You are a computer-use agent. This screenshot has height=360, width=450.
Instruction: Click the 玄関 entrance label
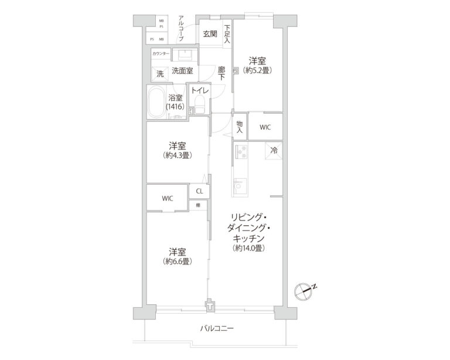[x=210, y=33]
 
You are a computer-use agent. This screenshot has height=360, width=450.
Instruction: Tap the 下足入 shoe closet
[x=227, y=35]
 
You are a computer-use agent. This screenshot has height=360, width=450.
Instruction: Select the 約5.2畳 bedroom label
[x=258, y=64]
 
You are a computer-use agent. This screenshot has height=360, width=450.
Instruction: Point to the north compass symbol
[x=304, y=289]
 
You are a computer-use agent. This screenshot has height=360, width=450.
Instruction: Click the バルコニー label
[x=216, y=328]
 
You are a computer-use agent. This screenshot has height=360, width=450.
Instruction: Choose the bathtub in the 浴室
[x=156, y=104]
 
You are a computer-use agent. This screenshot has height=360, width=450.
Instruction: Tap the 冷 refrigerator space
[x=273, y=151]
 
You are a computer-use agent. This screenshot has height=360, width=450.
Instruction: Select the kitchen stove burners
[x=241, y=152]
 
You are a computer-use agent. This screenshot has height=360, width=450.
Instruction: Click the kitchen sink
[x=240, y=187]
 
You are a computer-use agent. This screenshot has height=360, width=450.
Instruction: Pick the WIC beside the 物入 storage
[x=265, y=127]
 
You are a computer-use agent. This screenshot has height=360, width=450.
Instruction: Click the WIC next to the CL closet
[x=167, y=198]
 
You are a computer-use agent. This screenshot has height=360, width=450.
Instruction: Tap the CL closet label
[x=199, y=191]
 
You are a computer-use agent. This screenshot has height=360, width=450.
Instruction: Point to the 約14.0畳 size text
[x=246, y=249]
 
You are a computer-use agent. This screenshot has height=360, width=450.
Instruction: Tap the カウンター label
[x=161, y=54]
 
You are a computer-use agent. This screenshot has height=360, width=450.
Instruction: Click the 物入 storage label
[x=240, y=127]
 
